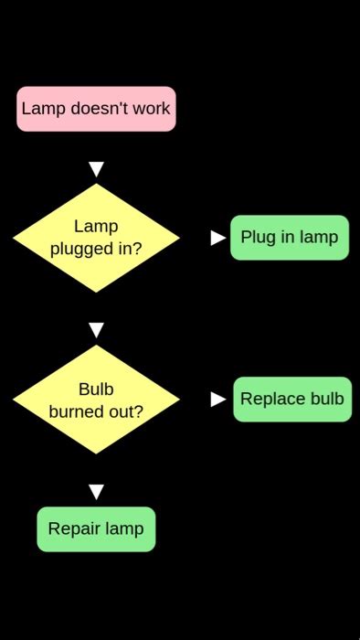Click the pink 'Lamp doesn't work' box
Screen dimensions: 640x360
[96, 109]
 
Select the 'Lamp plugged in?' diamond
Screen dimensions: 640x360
[96, 238]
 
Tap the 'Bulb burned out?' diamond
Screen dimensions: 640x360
[96, 400]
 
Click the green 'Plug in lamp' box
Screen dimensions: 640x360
[290, 238]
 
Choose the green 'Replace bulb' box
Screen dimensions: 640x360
[292, 400]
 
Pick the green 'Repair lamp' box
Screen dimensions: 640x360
[96, 529]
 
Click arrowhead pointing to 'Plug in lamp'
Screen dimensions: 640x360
[218, 238]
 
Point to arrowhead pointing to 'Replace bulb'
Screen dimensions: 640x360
[218, 400]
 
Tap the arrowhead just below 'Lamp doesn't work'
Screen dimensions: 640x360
[96, 169]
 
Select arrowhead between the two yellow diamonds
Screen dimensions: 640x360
[96, 330]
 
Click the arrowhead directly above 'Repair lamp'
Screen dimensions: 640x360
[96, 492]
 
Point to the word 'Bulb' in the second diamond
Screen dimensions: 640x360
[96, 389]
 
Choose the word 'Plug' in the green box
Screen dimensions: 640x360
[258, 238]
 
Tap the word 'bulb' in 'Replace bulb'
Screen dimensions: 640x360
[327, 400]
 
